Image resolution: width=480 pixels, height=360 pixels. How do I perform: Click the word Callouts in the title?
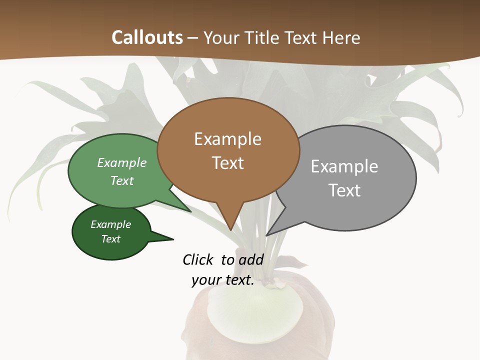point(147,37)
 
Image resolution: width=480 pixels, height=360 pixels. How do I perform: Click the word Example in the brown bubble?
point(227,139)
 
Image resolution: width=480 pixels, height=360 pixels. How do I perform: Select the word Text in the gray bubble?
point(344,190)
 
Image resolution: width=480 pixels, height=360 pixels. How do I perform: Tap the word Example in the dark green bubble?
point(110,224)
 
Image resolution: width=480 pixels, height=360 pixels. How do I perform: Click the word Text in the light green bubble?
point(122,180)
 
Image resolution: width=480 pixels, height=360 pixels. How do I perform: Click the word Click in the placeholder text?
point(198,259)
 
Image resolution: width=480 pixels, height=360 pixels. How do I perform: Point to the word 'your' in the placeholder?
point(206,280)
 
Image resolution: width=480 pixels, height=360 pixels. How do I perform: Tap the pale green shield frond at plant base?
point(255,312)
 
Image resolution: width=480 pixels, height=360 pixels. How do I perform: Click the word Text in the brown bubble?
point(228,163)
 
